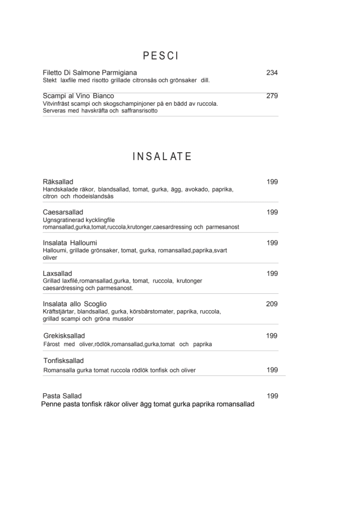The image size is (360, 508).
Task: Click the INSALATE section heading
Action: coord(162,156)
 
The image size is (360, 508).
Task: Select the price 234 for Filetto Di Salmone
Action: coord(272,73)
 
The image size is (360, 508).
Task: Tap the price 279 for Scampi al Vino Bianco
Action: coord(272,96)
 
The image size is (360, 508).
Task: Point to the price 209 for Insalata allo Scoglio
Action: coord(272,304)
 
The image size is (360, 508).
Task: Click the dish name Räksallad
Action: coord(58,182)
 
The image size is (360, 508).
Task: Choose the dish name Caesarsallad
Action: coord(63,212)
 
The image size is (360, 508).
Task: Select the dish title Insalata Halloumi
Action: coord(70,243)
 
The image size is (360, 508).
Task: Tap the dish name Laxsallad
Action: coord(57,274)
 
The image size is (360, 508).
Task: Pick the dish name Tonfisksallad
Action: coord(64,360)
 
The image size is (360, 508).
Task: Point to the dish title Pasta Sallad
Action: coord(62,396)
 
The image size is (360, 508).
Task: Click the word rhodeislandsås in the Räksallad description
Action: coord(93,197)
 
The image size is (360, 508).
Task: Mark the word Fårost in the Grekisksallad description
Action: coord(51,344)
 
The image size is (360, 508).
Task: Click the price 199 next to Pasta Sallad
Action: coord(272,396)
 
